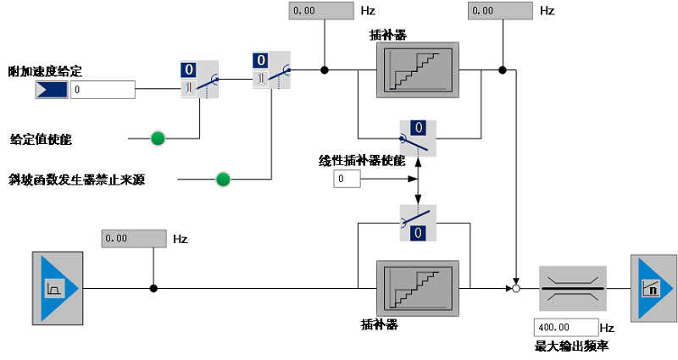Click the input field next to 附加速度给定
pos(103,89)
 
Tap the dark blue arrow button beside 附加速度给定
pos(52,89)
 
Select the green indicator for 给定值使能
pos(158,138)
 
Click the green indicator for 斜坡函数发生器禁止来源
pos(223,179)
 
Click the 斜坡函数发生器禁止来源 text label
pos(77,180)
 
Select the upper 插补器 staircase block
pos(418,71)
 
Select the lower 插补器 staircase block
pos(418,288)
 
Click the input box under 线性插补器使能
pos(347,180)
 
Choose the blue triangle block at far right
pos(653,289)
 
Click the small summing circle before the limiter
pos(515,289)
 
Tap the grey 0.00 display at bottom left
pos(133,238)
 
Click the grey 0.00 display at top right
pos(501,11)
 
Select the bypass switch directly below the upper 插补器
pos(417,137)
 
